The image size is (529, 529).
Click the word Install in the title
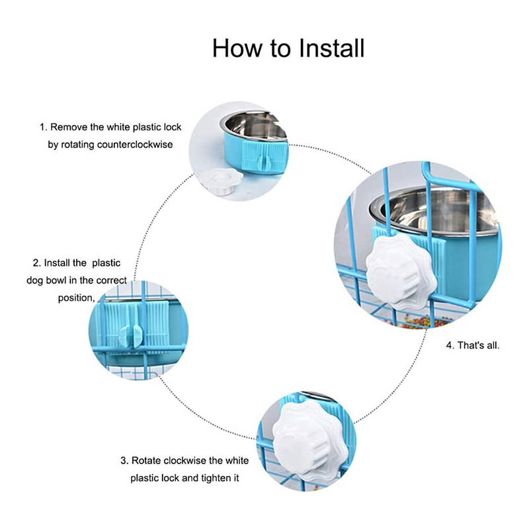(x=332, y=48)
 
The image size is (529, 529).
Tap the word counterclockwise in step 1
(x=135, y=145)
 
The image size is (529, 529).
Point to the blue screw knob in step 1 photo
(x=266, y=163)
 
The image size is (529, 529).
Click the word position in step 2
(x=76, y=298)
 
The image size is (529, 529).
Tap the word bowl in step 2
(x=56, y=280)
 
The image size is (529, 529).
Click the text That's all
(x=478, y=345)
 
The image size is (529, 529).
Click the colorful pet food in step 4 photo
(x=419, y=321)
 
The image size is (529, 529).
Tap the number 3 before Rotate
(x=124, y=460)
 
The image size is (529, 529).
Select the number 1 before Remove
(x=42, y=127)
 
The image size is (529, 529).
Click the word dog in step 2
(x=34, y=280)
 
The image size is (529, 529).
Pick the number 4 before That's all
(x=450, y=345)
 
